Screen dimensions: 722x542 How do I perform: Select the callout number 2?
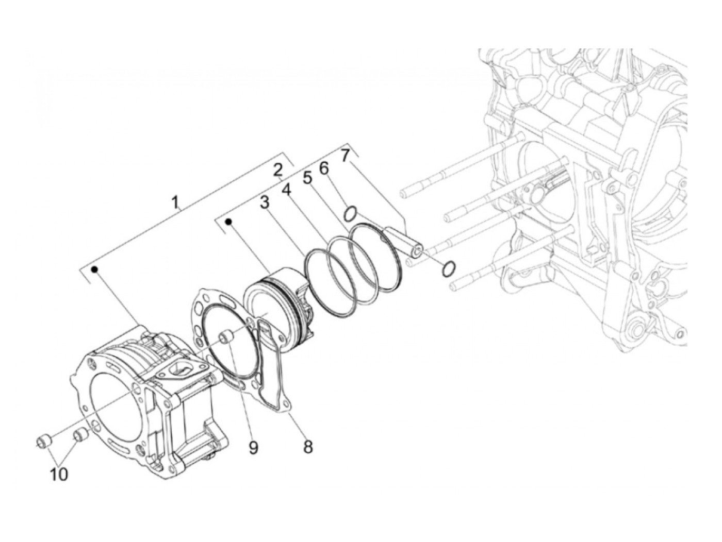coord(277,171)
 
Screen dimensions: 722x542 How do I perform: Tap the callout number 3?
coord(265,202)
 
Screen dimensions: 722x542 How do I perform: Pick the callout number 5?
coord(307,178)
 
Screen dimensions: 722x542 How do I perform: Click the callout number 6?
coord(324,168)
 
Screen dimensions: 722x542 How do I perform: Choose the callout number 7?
coord(344,156)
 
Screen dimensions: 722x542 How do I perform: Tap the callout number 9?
coord(253,447)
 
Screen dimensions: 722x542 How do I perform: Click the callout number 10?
coord(59,474)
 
